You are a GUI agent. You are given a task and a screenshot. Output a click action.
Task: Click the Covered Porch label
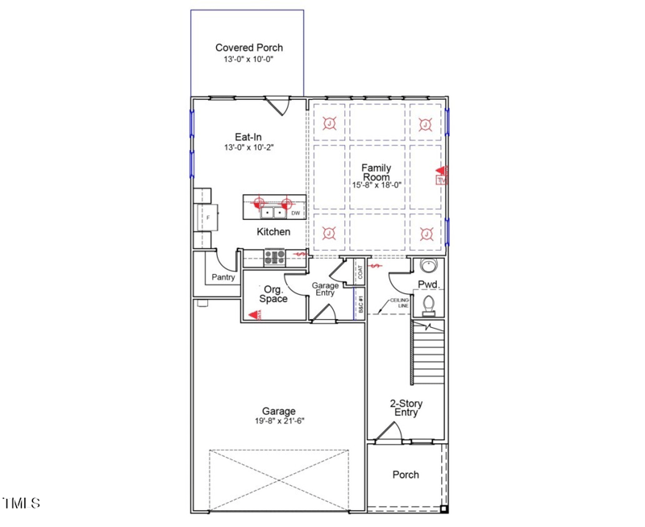coord(248,48)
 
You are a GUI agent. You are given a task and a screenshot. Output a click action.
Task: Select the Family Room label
coord(376,172)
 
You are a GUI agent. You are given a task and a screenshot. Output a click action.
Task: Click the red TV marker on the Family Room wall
coord(440,171)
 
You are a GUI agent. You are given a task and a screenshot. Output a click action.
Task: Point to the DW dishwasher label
coord(296,214)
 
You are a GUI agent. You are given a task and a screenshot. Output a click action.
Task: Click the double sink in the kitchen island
coord(267,214)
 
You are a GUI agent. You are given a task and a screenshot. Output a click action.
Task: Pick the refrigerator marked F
coord(207,218)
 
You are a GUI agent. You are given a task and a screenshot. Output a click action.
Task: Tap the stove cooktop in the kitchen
coord(275,258)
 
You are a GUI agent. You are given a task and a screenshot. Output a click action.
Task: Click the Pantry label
coord(223,277)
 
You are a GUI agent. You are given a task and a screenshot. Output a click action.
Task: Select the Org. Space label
coord(273,293)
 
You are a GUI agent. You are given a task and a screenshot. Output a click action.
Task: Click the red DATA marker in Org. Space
coord(256,315)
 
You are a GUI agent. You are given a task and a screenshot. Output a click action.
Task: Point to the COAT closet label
coord(360,274)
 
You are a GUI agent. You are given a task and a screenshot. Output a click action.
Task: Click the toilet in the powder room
coord(431,304)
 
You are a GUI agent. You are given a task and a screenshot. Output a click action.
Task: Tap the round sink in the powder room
coord(428,267)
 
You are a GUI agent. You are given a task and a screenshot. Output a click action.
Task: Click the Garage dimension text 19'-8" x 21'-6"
coord(278,421)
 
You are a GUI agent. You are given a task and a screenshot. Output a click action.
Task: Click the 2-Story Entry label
coord(406,408)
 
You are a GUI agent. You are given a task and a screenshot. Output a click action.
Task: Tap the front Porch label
coord(406,475)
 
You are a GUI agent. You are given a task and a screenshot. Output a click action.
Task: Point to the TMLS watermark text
coord(22,504)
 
